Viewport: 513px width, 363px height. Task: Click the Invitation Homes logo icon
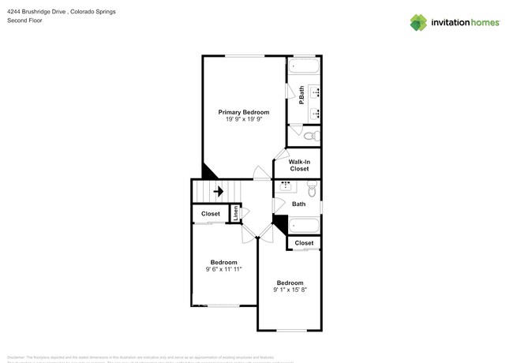(418, 22)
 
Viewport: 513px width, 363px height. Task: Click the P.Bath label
(302, 95)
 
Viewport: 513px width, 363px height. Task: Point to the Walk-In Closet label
(299, 165)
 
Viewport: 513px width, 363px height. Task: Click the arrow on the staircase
(218, 191)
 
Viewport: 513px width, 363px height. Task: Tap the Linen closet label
(234, 213)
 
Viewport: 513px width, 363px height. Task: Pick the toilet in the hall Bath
(312, 190)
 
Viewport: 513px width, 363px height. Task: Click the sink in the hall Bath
(286, 186)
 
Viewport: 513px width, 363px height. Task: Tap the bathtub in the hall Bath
(303, 225)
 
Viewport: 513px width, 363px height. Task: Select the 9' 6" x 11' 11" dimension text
(223, 269)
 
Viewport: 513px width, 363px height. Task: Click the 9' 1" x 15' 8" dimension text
(290, 290)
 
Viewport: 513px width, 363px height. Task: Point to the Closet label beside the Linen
(211, 214)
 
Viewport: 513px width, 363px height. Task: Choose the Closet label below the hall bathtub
(304, 243)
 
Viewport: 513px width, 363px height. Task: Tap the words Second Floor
(24, 21)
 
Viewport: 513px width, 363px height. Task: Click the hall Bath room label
(298, 204)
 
